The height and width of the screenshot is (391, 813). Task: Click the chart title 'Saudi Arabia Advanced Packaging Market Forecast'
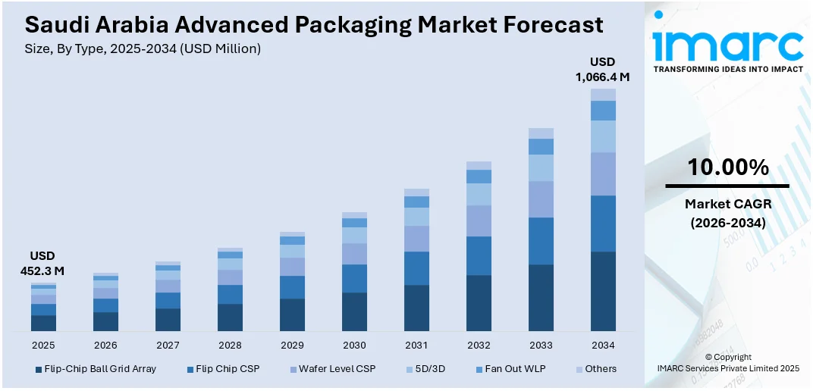pos(314,25)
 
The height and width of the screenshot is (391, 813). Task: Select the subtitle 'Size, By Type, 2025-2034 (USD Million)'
pos(143,49)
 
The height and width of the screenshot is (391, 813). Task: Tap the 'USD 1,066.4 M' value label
pos(603,69)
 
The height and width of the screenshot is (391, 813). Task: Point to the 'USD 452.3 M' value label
pos(42,263)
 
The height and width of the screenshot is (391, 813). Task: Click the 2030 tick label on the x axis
pos(354,345)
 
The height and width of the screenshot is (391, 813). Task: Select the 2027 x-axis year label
pos(168,345)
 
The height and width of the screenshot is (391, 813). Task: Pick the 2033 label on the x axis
pos(541,345)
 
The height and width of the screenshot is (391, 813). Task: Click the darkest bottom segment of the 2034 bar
pos(603,291)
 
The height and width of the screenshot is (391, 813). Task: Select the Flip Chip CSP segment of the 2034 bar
pos(603,224)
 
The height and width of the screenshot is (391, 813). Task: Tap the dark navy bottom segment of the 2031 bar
pos(416,308)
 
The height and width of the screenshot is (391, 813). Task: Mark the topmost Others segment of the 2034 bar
pos(603,95)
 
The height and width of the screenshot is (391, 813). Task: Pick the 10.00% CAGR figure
pos(727,167)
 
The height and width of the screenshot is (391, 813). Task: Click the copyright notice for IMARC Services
pos(727,362)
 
